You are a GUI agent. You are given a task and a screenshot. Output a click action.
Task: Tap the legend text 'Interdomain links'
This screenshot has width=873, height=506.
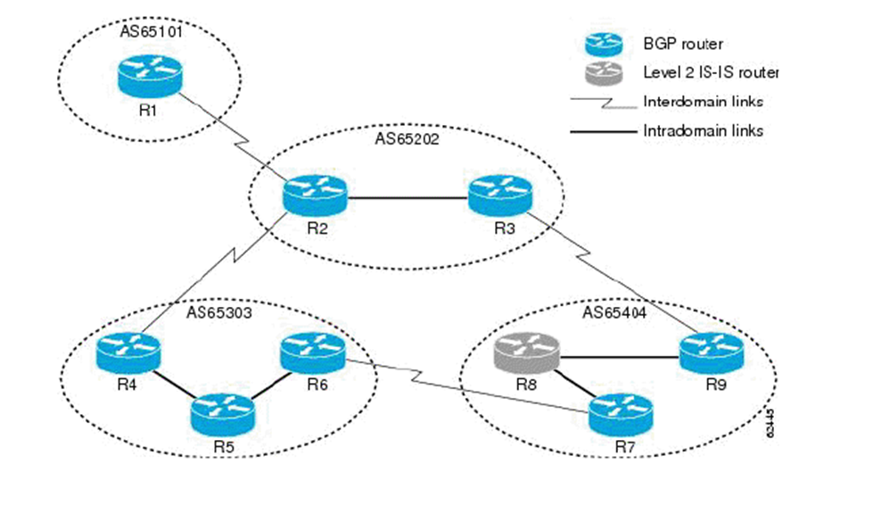coord(703,101)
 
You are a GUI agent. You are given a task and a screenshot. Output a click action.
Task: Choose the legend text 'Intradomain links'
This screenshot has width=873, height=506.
coord(703,130)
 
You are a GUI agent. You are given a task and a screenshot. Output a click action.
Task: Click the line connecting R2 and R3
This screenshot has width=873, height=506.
coord(408,196)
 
